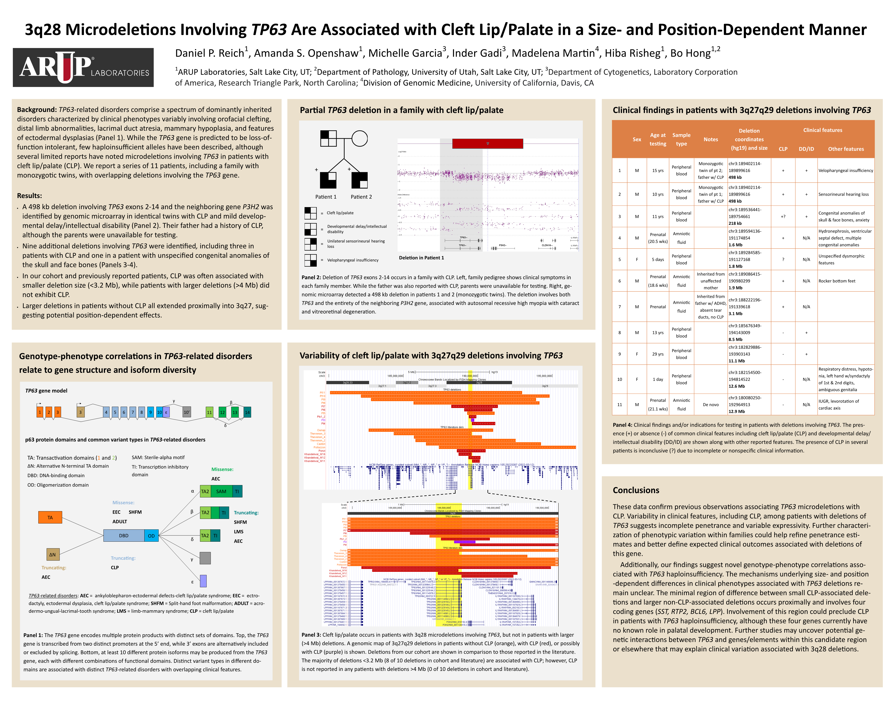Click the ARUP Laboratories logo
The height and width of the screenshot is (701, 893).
83,67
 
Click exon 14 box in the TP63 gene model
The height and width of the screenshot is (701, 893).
247,412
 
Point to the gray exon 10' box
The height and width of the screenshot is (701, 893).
186,412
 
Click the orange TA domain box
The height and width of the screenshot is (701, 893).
50,518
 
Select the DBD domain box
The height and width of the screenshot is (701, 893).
124,536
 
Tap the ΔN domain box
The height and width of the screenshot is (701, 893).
52,555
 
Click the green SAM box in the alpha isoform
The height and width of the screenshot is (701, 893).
221,491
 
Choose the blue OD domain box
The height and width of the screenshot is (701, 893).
151,536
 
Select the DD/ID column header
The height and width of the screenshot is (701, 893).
806,149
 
